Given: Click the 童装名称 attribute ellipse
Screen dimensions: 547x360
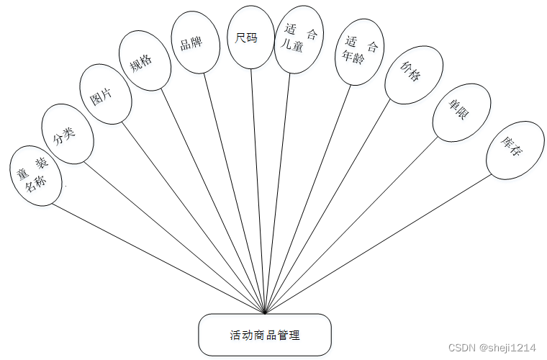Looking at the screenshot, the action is (x=36, y=175).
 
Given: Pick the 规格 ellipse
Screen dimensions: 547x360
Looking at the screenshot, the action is (x=145, y=60).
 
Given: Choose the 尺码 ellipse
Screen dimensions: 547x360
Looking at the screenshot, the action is (x=250, y=37).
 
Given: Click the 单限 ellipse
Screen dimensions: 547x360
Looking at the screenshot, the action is (x=461, y=113).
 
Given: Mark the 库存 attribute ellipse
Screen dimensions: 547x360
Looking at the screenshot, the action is (x=515, y=150).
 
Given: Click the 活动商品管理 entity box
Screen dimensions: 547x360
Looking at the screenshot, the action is (x=265, y=335).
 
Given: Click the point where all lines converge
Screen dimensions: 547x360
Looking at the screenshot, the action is (x=266, y=314).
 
